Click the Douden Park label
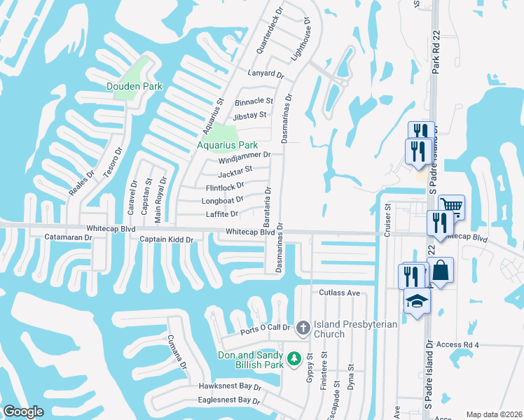pos(134,86)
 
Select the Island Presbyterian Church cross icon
pos(303,327)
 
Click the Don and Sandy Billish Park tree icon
pos(295,358)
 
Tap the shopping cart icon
pos(451,206)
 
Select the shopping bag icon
pos(440,269)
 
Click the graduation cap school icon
pos(417,300)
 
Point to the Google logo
pos(24,411)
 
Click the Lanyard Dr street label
pos(266,73)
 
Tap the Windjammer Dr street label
pos(244,156)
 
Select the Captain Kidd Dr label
pos(166,239)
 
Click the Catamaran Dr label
pos(69,238)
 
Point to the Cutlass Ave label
pos(339,293)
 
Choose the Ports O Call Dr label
pos(265,330)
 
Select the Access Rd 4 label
pos(457,344)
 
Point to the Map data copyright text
pos(493,414)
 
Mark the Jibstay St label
pos(250,115)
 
